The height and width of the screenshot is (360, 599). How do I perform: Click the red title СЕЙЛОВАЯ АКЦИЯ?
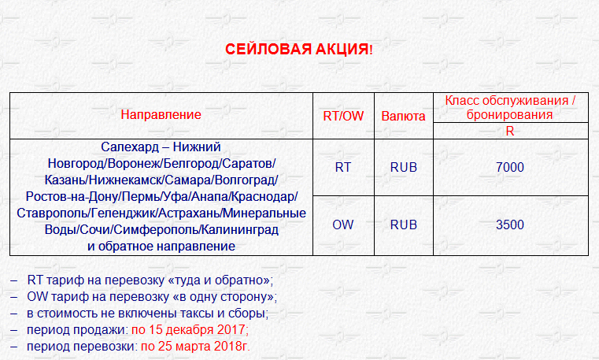(299, 50)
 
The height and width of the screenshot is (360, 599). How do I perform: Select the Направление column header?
(161, 115)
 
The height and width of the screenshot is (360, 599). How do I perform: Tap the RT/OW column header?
(343, 116)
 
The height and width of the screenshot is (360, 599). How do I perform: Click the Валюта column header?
(403, 116)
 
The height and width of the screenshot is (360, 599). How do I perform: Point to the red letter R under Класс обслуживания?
(509, 131)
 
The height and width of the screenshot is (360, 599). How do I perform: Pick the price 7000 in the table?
(509, 167)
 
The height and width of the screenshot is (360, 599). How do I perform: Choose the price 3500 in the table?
(509, 225)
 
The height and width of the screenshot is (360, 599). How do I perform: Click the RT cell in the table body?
(342, 167)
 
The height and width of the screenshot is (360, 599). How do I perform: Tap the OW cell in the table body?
(342, 225)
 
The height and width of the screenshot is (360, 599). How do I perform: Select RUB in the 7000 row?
(404, 167)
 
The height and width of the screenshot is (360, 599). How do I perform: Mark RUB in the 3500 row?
(404, 225)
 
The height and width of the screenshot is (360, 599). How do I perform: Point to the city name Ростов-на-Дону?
(72, 196)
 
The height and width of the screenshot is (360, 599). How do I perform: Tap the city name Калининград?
(239, 230)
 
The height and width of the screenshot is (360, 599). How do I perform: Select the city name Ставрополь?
(52, 213)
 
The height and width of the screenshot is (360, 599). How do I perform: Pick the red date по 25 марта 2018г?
(195, 347)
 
